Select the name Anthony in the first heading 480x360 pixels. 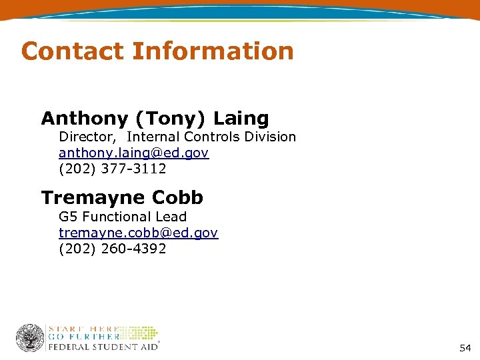click(85, 119)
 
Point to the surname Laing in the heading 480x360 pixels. click(241, 119)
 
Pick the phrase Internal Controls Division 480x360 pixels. click(211, 137)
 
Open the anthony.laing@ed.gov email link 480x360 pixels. click(133, 153)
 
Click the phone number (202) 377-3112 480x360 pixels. click(112, 169)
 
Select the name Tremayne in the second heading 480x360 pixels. click(93, 198)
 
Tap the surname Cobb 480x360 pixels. click(177, 198)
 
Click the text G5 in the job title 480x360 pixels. click(67, 217)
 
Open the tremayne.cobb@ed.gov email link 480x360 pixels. click(138, 233)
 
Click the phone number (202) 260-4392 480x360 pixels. click(112, 249)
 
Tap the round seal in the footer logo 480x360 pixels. click(29, 338)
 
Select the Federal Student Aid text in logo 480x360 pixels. click(102, 347)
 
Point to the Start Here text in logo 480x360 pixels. click(83, 329)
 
